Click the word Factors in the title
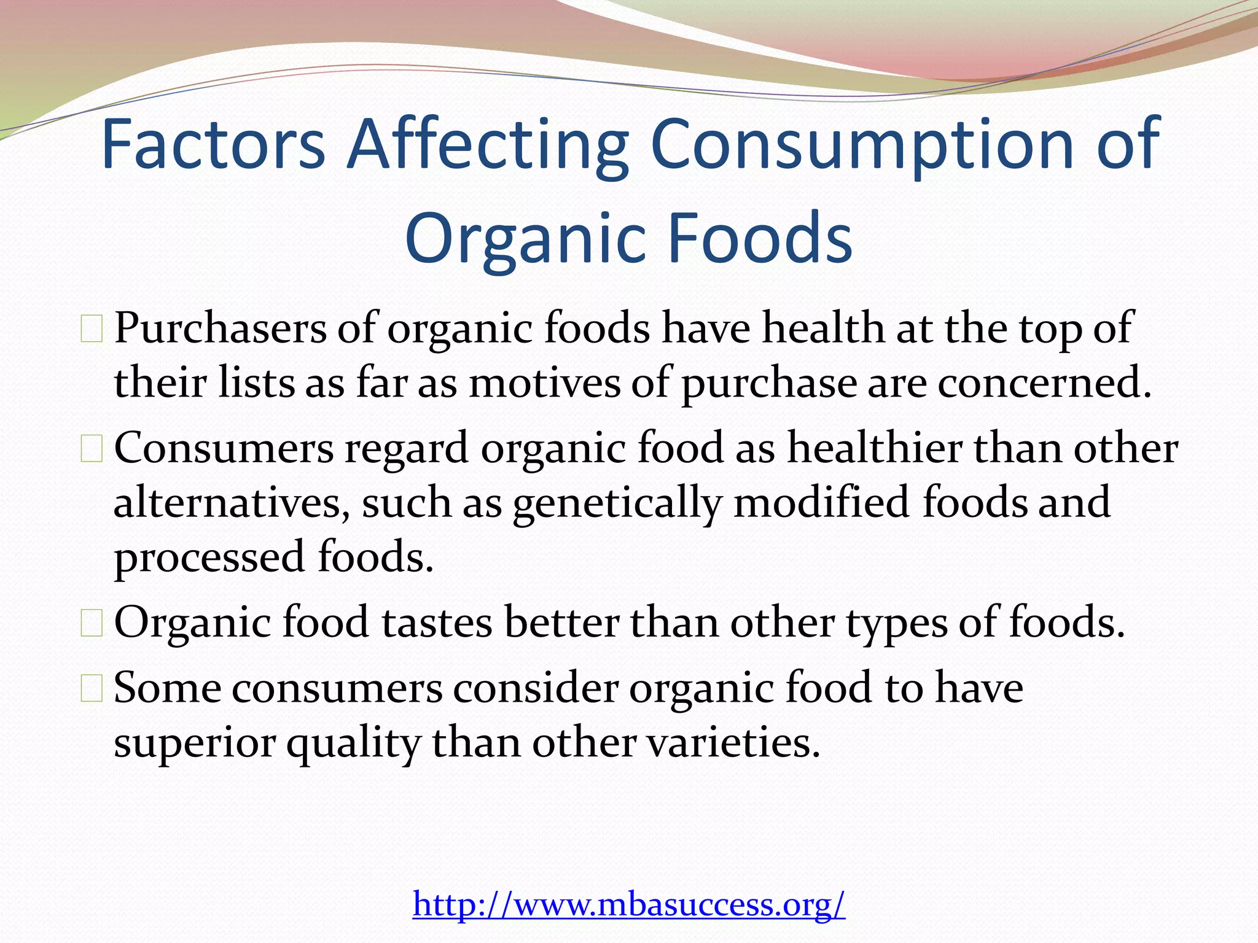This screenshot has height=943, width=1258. [x=213, y=145]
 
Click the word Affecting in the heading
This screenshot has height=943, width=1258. [x=487, y=145]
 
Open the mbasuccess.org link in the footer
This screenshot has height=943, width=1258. [x=629, y=904]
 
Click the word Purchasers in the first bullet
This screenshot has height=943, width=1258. [x=220, y=329]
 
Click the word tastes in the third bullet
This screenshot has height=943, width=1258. [x=437, y=623]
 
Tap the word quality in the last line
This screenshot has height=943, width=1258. [x=353, y=743]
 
